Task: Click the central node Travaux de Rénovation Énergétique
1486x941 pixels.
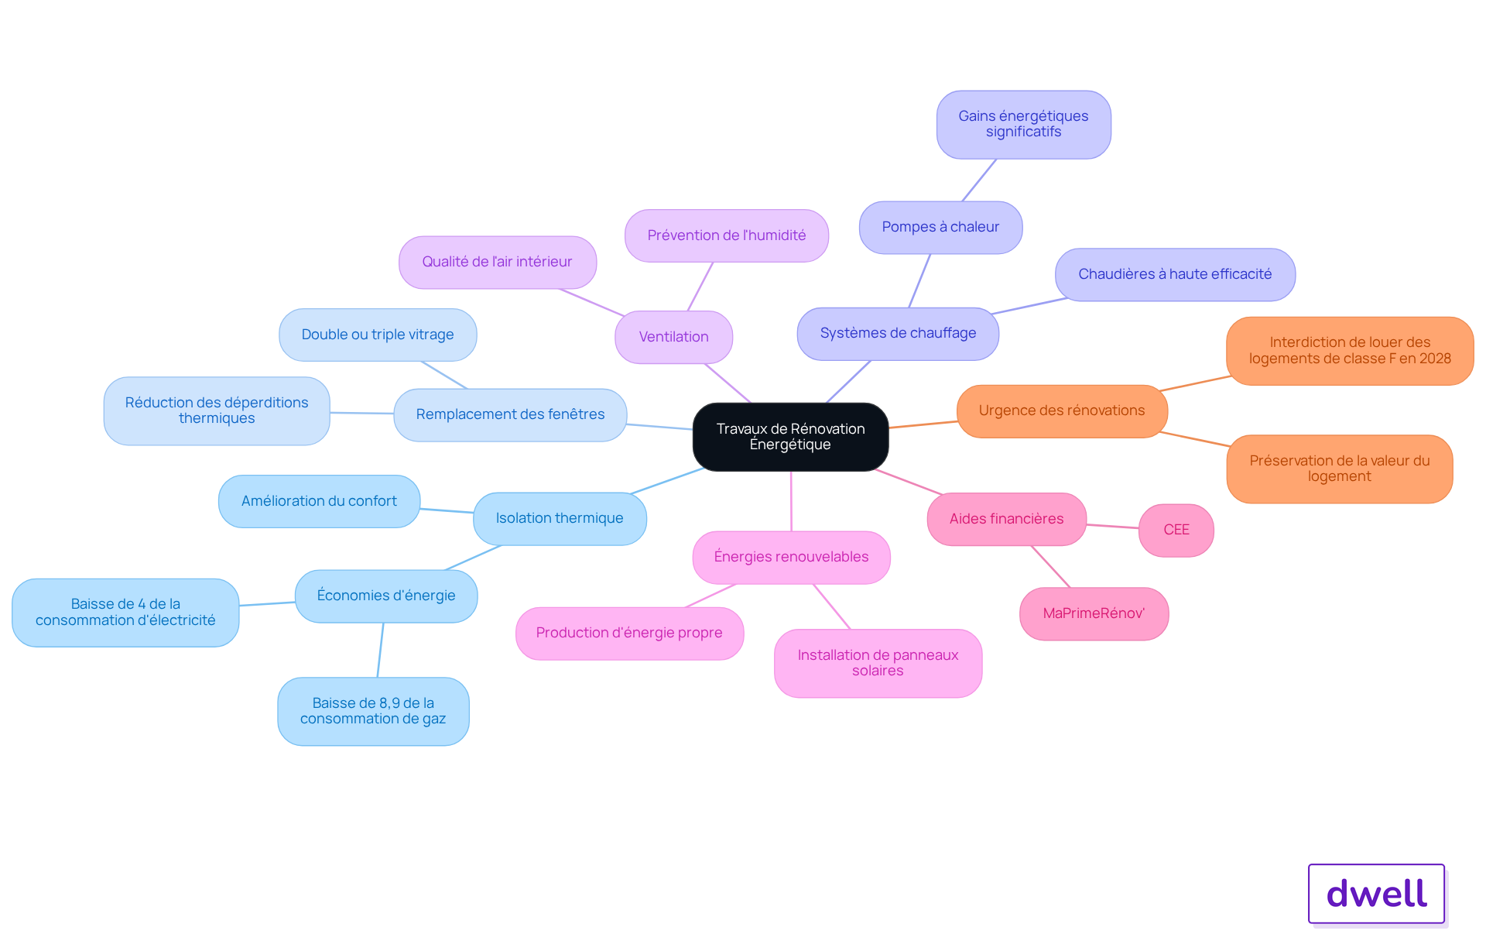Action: coord(790,437)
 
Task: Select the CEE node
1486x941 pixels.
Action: coord(1176,530)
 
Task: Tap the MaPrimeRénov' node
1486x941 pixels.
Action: coord(1094,613)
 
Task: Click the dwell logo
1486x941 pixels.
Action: coord(1376,894)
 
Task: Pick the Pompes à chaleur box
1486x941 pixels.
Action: coord(940,227)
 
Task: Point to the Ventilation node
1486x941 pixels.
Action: coord(673,337)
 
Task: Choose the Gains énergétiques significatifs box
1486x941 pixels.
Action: coord(1023,124)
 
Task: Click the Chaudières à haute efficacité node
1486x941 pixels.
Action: coord(1175,274)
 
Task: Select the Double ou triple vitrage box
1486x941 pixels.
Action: coord(378,335)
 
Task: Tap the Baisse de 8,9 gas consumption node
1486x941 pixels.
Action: coord(373,711)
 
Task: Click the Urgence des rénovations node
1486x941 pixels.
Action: coord(1062,410)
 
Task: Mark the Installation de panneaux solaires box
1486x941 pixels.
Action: coord(878,663)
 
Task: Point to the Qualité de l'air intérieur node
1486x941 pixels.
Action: coord(497,262)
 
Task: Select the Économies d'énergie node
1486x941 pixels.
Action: coord(386,596)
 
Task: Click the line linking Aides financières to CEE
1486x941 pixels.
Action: coord(1112,526)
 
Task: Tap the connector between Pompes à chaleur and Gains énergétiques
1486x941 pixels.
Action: coord(979,180)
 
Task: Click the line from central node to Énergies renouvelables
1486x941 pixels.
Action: coord(791,501)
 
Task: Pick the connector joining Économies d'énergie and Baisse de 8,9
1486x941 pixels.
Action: coord(380,650)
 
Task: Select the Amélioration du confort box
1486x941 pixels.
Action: coord(319,501)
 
